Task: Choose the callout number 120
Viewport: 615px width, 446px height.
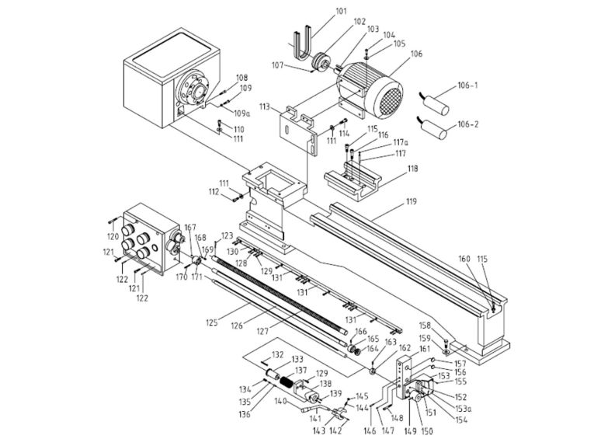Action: point(113,235)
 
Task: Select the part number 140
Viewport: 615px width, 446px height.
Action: point(281,401)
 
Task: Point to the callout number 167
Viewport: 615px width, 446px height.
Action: point(190,227)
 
